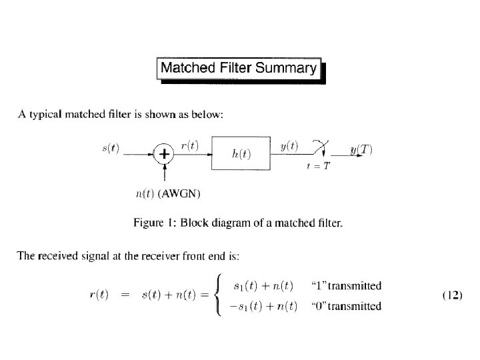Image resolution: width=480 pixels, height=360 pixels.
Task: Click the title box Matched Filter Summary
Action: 239,68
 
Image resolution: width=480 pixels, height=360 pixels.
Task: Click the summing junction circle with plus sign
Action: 163,154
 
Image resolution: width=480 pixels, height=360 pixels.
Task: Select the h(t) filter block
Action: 241,154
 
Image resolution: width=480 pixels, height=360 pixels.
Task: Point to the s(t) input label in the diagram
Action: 111,149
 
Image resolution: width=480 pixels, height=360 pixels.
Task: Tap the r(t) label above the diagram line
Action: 189,145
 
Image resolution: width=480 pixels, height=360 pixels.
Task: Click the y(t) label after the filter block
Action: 289,145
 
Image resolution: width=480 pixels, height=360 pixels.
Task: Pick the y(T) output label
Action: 361,149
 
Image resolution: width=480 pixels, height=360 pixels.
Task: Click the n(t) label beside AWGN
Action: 145,194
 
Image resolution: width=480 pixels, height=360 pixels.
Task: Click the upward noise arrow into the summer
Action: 164,174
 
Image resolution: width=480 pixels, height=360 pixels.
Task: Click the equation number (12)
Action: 453,293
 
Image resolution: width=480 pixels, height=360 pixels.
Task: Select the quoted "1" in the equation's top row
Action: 318,286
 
